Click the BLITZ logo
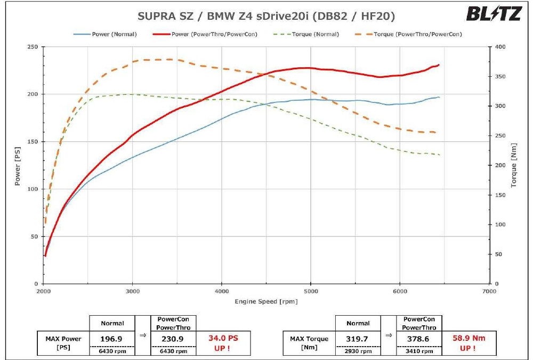494,14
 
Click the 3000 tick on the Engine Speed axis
132,292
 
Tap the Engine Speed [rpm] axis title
266,301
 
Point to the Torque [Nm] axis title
514,165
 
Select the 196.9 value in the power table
112,339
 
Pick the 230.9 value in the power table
173,339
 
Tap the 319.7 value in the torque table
358,339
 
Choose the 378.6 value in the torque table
419,339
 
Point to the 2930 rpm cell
358,351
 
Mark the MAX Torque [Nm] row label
309,343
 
